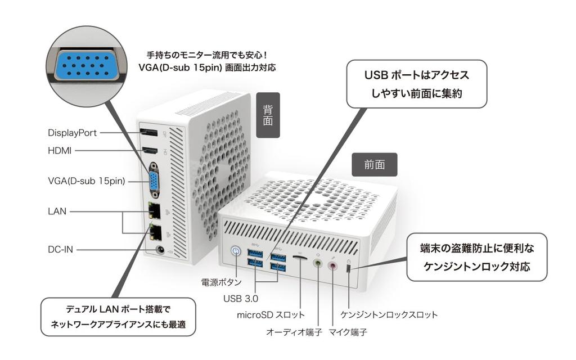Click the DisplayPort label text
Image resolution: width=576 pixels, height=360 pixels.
pyautogui.click(x=72, y=133)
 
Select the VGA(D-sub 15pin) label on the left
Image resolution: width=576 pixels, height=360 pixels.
pyautogui.click(x=86, y=181)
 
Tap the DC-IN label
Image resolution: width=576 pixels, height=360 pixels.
pyautogui.click(x=60, y=249)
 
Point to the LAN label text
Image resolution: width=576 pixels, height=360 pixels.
pyautogui.click(x=57, y=211)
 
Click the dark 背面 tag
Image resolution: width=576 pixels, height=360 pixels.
pyautogui.click(x=268, y=115)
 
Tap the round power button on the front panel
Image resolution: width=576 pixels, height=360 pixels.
pyautogui.click(x=236, y=251)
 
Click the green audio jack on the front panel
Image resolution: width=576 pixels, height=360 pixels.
pyautogui.click(x=318, y=263)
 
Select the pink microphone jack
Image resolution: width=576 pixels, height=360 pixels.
pyautogui.click(x=333, y=266)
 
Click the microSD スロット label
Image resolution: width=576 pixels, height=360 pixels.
pyautogui.click(x=271, y=314)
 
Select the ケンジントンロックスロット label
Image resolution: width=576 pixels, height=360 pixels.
pyautogui.click(x=389, y=314)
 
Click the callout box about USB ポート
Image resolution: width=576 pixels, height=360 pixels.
pyautogui.click(x=416, y=84)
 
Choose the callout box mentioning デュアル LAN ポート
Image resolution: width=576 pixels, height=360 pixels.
pyautogui.click(x=118, y=317)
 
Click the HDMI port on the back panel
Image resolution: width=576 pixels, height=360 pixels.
pyautogui.click(x=149, y=151)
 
